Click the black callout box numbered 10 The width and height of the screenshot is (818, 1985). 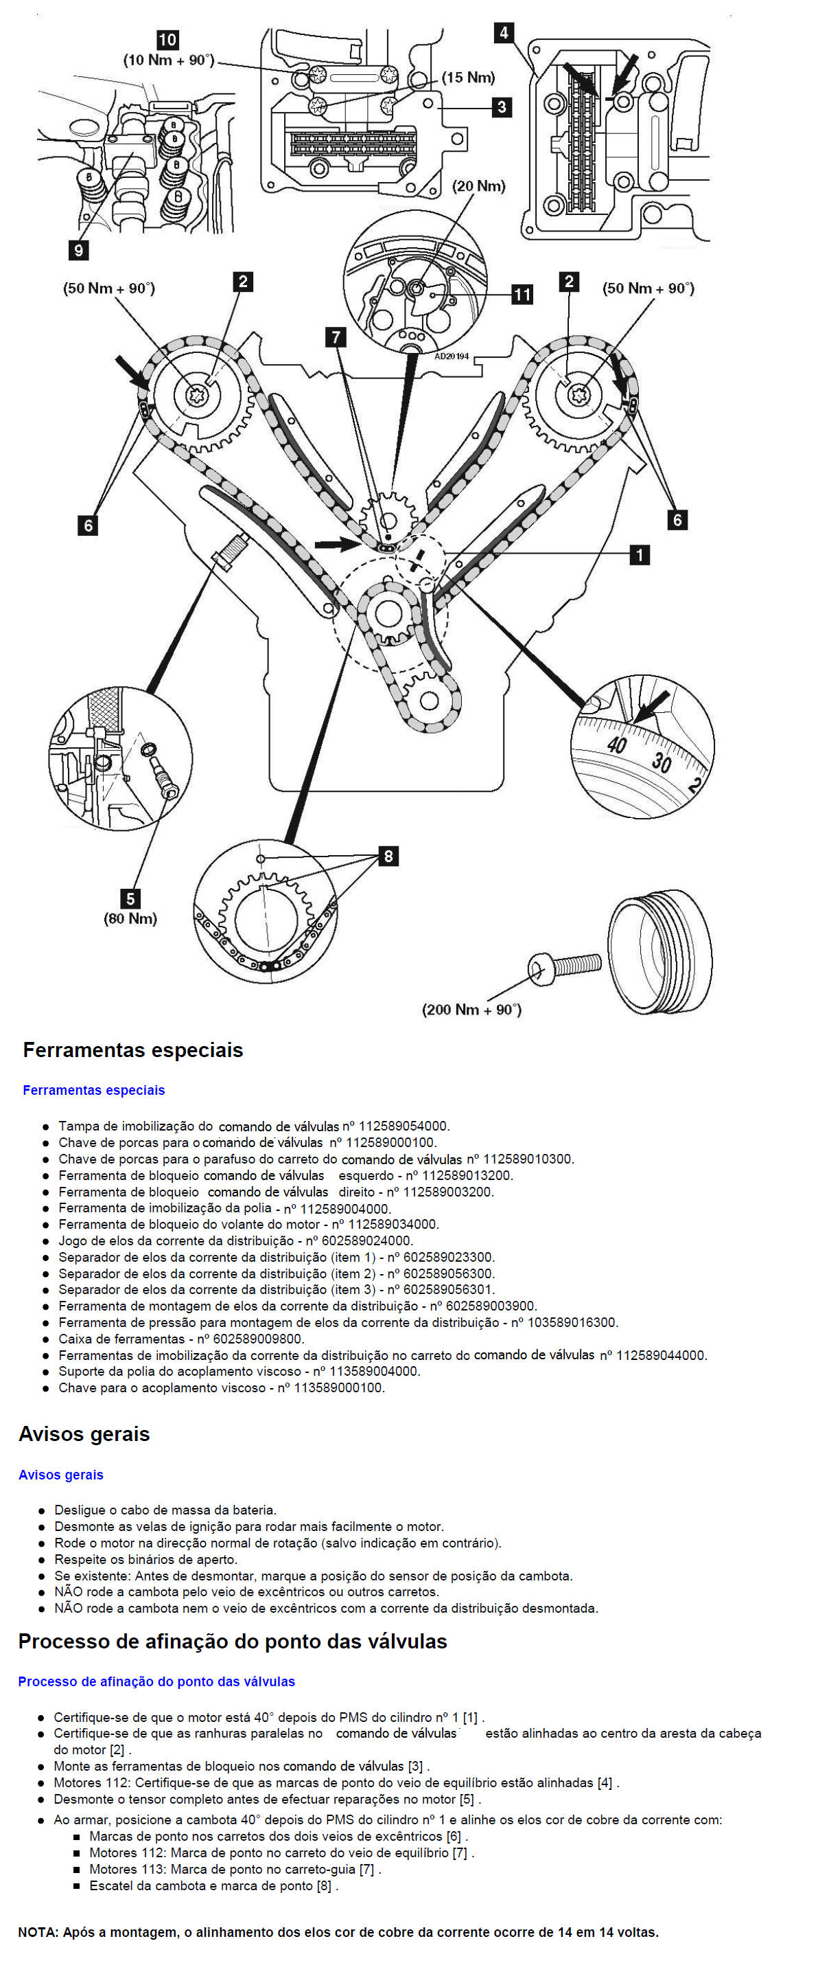[167, 39]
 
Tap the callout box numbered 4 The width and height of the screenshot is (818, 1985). [504, 32]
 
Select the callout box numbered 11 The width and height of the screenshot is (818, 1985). [522, 295]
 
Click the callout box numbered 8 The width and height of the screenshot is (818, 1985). [388, 856]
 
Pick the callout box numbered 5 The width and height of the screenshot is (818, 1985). [130, 898]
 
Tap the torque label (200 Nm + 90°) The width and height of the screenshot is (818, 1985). [471, 1010]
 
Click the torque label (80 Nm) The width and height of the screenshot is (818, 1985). [130, 918]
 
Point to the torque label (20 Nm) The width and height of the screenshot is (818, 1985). [479, 185]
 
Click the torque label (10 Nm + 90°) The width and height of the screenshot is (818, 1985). [169, 60]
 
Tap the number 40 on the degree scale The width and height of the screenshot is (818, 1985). [616, 745]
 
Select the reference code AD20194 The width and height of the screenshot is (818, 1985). [452, 356]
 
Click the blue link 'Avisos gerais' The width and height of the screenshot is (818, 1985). [61, 1475]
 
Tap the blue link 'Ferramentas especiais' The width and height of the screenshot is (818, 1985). [94, 1090]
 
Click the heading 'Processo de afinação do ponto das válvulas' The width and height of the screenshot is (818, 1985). [233, 1642]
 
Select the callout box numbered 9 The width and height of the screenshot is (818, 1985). [78, 249]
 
